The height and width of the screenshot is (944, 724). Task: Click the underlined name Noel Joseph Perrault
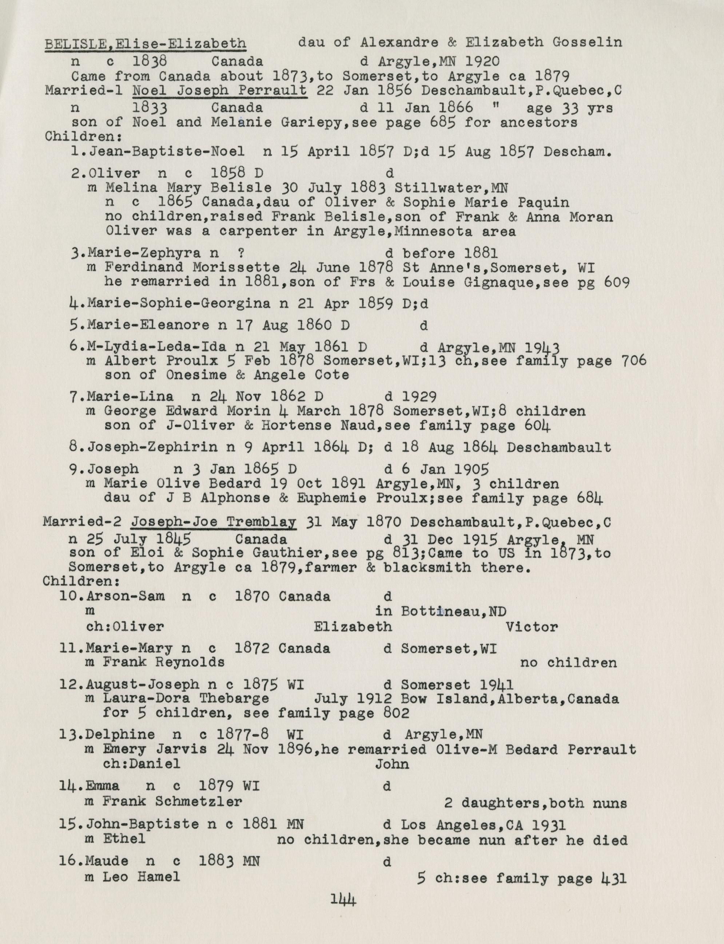coord(219,91)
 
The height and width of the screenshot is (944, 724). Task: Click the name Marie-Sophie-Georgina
coord(179,304)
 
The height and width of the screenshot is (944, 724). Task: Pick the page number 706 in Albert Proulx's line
coord(633,360)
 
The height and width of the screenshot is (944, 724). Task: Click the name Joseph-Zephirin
coord(152,447)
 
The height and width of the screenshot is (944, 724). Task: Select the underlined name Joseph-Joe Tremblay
coord(214,523)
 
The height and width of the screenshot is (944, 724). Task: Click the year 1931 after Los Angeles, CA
coord(548,825)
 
